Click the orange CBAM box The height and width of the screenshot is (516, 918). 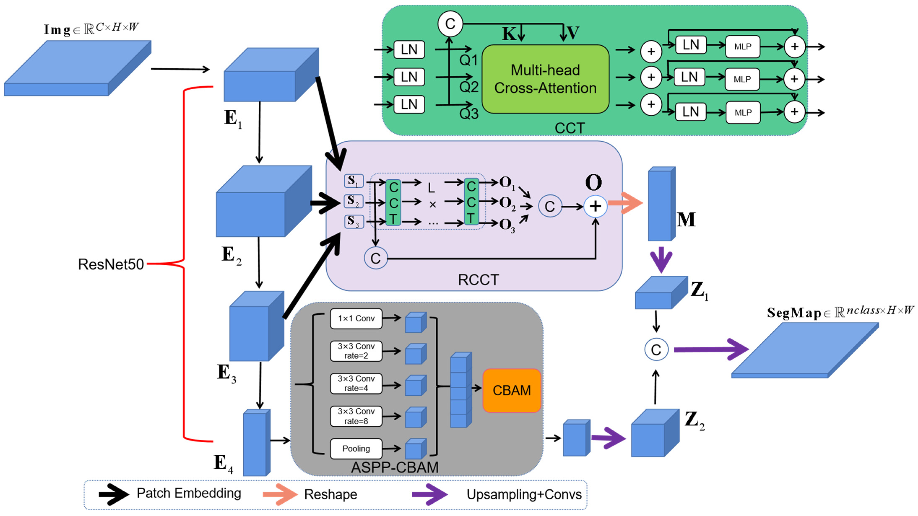click(511, 391)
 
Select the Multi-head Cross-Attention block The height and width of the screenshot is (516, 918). click(545, 79)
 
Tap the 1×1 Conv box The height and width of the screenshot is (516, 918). click(356, 318)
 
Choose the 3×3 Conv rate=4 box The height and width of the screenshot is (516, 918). click(356, 383)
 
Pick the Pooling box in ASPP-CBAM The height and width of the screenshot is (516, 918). click(356, 449)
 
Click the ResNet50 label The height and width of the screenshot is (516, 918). click(111, 264)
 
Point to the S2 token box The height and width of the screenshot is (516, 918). click(353, 201)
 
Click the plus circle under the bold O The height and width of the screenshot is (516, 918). click(595, 206)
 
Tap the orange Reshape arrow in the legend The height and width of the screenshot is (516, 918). click(280, 494)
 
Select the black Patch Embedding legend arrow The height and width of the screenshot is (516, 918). click(113, 494)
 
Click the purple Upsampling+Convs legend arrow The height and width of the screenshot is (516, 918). click(429, 494)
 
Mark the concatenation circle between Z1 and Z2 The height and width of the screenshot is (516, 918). click(656, 350)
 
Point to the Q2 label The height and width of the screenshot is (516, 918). click(469, 87)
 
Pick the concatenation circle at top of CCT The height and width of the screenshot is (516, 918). click(450, 24)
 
